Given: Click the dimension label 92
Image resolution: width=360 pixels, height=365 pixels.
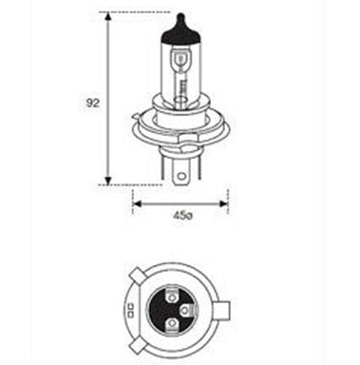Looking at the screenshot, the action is (92, 103).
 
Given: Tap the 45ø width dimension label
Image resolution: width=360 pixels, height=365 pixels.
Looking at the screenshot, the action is (182, 216).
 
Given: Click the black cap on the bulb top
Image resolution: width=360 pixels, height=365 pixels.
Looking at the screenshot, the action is (180, 33).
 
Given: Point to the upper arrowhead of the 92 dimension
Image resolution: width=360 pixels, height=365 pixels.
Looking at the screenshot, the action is (108, 16).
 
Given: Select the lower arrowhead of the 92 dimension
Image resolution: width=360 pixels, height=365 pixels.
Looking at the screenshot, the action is (108, 180).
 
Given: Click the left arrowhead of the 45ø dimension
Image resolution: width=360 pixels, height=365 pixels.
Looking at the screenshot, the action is (137, 203).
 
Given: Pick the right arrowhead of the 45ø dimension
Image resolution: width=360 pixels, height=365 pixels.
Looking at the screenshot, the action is (224, 203).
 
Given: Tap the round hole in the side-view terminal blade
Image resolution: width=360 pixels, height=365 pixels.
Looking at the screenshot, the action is (181, 176).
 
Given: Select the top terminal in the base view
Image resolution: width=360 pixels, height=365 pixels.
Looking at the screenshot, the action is (172, 297).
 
